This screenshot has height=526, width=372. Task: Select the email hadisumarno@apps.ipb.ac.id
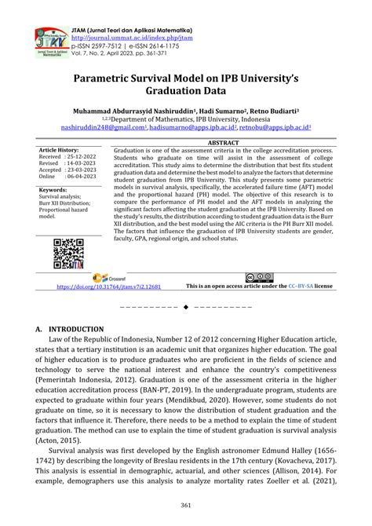(x=195, y=131)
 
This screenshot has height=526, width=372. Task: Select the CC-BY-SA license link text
(x=304, y=287)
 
